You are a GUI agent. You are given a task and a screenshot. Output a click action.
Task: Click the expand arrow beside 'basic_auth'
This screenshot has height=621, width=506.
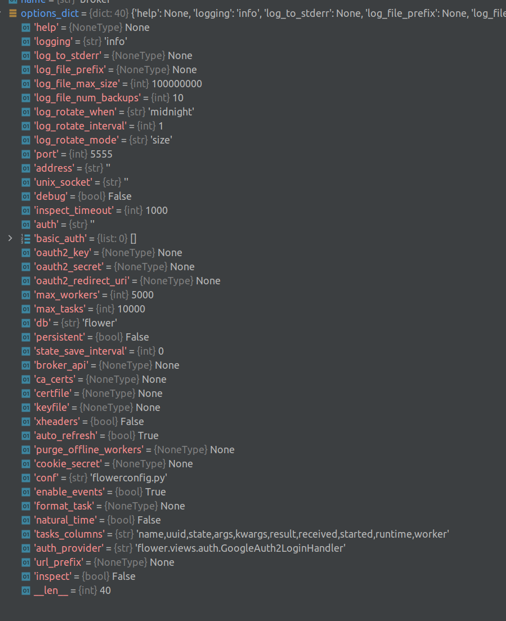tap(10, 238)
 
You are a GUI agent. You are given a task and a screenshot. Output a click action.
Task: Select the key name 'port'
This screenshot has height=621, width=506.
tap(46, 154)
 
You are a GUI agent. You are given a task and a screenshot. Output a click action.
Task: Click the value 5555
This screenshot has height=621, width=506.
tap(101, 154)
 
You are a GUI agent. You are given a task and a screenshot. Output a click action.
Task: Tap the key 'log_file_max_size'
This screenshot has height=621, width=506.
tap(77, 83)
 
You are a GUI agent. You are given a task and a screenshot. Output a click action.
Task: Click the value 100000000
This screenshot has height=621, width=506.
tap(177, 83)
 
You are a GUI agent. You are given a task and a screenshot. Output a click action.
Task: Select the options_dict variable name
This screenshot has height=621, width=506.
tap(50, 13)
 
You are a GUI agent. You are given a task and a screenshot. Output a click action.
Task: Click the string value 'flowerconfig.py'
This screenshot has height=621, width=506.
tap(129, 477)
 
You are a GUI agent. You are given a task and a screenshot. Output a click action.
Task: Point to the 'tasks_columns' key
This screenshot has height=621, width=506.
tap(69, 534)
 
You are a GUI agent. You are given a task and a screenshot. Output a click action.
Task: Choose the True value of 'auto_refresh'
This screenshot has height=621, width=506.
tap(148, 435)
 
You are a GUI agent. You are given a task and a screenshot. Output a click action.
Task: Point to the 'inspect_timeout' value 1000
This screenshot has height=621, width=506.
tap(156, 210)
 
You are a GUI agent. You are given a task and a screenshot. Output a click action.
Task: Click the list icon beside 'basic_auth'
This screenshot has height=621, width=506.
tap(25, 238)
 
